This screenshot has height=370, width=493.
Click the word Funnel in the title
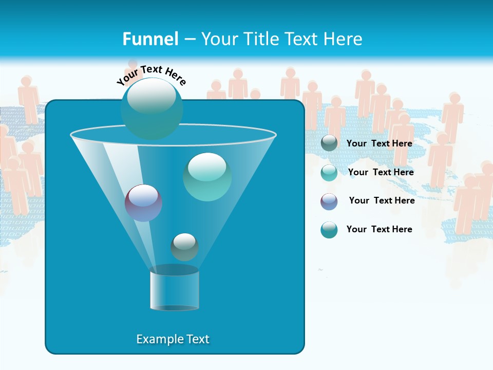pyautogui.click(x=150, y=39)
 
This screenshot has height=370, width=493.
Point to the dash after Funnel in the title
pyautogui.click(x=189, y=40)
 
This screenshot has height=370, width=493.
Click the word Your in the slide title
pyautogui.click(x=219, y=39)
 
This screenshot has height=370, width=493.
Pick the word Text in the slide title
pyautogui.click(x=302, y=39)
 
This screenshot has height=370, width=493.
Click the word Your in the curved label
pyautogui.click(x=127, y=78)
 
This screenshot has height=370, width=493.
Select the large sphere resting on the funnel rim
pyautogui.click(x=151, y=108)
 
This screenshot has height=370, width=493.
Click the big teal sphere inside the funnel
pyautogui.click(x=207, y=177)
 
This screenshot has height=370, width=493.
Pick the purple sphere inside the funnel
pyautogui.click(x=143, y=202)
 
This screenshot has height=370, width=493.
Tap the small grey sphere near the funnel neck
pyautogui.click(x=184, y=247)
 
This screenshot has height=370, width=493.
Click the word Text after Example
pyautogui.click(x=197, y=339)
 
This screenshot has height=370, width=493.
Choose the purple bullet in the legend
pyautogui.click(x=329, y=201)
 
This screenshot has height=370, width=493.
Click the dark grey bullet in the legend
pyautogui.click(x=329, y=143)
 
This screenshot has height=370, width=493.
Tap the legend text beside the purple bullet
pyautogui.click(x=382, y=200)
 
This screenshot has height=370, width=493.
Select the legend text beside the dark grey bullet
pyautogui.click(x=379, y=143)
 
